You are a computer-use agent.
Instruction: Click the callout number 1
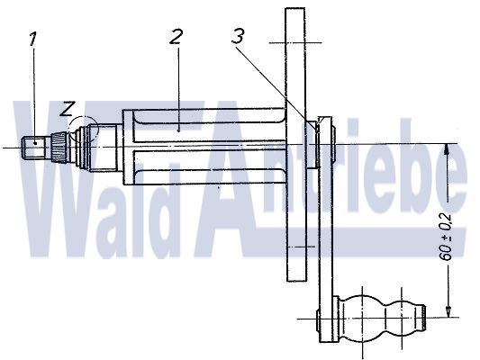tap(33, 39)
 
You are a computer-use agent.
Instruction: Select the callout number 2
tap(176, 37)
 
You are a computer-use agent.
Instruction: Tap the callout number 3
tap(238, 36)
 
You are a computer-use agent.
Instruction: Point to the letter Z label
tap(67, 109)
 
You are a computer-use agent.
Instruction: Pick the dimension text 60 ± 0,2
tap(447, 237)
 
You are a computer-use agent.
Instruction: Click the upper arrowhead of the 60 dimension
tap(447, 149)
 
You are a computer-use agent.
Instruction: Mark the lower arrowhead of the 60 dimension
tap(448, 311)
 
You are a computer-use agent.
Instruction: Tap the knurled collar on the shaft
tap(59, 148)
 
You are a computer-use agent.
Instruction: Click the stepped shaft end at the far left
tap(34, 148)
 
